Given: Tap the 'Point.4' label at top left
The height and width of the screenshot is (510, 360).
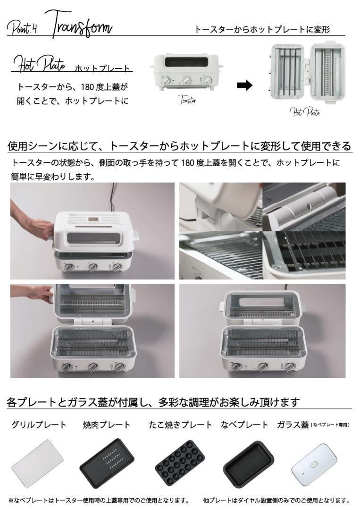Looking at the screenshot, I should click(x=22, y=28).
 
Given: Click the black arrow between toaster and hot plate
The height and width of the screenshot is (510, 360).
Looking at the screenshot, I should click(x=244, y=85).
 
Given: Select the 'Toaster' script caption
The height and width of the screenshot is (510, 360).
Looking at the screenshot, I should click(x=187, y=100).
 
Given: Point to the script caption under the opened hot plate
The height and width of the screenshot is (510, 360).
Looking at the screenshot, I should click(x=305, y=111).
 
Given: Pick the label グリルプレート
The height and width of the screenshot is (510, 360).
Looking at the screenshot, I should click(x=39, y=425).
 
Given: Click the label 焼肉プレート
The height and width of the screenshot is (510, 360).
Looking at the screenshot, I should click(x=107, y=425).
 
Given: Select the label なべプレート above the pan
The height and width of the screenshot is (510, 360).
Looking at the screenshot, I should click(x=244, y=425).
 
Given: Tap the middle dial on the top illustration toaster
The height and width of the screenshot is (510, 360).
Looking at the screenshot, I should click(x=187, y=80).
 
